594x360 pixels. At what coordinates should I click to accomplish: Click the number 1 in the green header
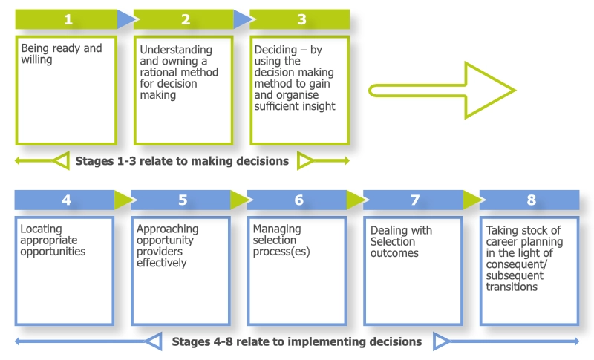(x=67, y=19)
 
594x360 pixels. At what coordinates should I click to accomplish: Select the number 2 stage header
(x=185, y=19)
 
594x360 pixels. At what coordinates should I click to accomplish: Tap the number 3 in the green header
(x=301, y=19)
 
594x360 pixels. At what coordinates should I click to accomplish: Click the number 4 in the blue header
(x=67, y=200)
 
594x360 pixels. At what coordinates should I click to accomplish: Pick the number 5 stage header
(x=183, y=200)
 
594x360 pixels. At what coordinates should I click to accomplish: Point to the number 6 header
(x=298, y=200)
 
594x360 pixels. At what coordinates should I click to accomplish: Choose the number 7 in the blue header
(x=415, y=200)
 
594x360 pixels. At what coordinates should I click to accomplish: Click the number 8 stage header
(x=531, y=200)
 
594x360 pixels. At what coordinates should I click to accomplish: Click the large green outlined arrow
(x=443, y=91)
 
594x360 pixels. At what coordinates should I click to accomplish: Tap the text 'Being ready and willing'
(x=61, y=53)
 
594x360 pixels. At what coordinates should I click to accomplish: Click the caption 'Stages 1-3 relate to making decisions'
(x=182, y=160)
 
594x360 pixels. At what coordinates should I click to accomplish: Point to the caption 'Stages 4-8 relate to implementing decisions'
(x=297, y=342)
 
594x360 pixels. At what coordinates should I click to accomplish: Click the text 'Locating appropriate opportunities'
(x=53, y=240)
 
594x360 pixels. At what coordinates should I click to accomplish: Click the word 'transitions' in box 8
(x=512, y=287)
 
